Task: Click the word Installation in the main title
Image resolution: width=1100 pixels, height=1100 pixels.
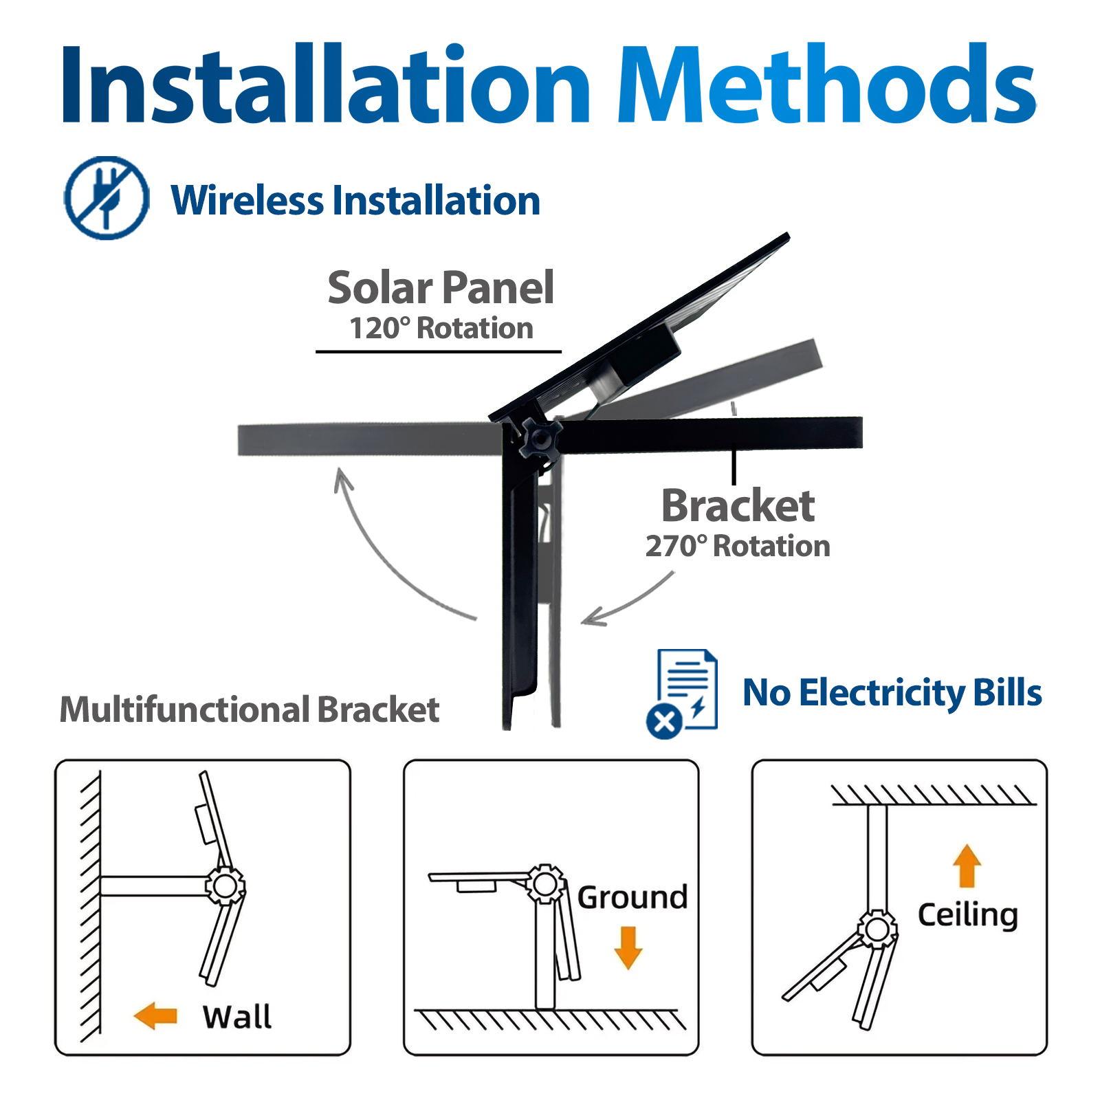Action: tap(326, 84)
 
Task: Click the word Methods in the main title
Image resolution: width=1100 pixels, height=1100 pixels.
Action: tap(827, 84)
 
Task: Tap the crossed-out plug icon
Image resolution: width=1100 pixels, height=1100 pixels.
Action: tap(106, 198)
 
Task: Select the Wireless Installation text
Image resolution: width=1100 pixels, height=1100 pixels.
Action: tap(355, 201)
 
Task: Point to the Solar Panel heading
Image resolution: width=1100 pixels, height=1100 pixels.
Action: tap(441, 287)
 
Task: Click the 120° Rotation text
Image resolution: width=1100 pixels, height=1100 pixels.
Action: tap(441, 329)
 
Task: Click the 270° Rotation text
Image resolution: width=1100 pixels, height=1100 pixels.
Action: tap(738, 547)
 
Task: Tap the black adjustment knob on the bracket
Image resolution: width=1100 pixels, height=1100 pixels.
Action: tap(540, 438)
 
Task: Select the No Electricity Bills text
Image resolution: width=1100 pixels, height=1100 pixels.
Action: tap(892, 693)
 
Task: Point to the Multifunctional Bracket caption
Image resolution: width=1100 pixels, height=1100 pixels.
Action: tap(250, 709)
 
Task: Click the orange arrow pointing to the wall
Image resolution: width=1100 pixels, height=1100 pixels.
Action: tap(155, 1015)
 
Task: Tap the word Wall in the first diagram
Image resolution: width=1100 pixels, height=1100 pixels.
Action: tap(237, 1017)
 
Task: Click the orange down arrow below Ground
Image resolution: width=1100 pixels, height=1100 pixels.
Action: tap(628, 948)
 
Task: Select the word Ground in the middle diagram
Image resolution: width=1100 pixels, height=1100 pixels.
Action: tap(632, 898)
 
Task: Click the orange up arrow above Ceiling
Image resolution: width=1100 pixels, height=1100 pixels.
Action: tap(967, 866)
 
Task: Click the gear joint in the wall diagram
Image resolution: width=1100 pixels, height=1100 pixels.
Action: tap(225, 886)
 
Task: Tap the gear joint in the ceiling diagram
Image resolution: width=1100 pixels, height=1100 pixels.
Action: tap(877, 929)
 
